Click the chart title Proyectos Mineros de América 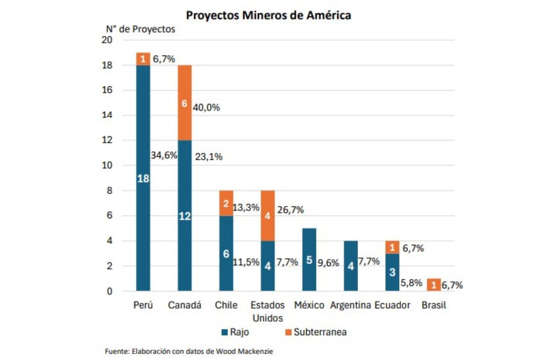[x=268, y=15]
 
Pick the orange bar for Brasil [x=434, y=285]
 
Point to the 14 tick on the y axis [x=107, y=115]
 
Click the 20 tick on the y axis [x=107, y=40]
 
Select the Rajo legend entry [x=236, y=332]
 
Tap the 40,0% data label [x=206, y=108]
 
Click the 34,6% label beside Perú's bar [x=164, y=155]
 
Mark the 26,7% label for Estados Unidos [x=291, y=210]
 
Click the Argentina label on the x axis [x=350, y=305]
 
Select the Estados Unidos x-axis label [x=268, y=312]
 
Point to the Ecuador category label [x=392, y=305]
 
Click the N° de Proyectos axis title [x=140, y=29]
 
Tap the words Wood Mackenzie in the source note [x=244, y=351]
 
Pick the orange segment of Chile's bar [x=226, y=203]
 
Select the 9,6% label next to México [x=328, y=263]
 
